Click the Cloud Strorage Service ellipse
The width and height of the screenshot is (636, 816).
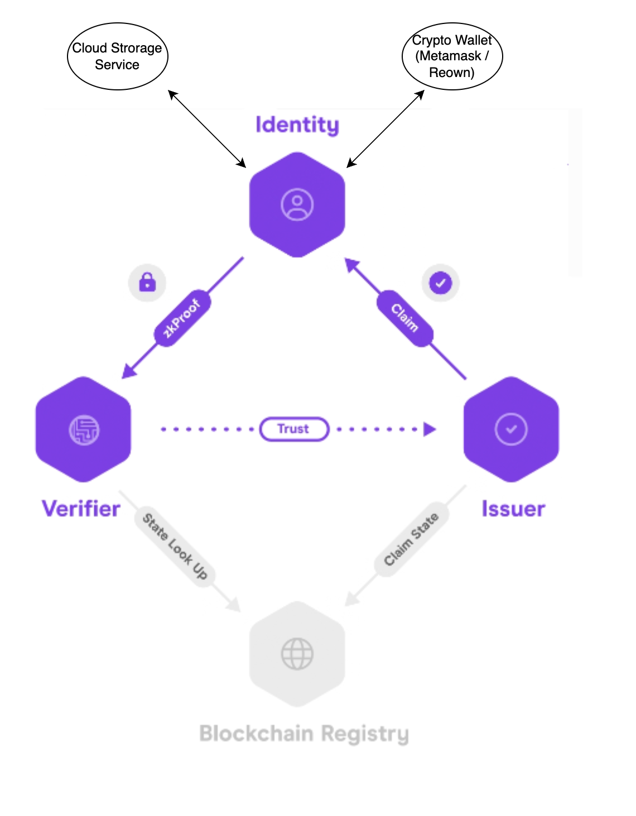click(117, 56)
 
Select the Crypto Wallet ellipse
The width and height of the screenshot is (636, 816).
click(452, 56)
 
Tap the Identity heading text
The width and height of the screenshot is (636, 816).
click(297, 125)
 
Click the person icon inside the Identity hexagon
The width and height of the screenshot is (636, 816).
click(297, 205)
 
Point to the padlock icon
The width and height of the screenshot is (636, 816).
click(147, 282)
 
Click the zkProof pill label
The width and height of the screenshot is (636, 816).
click(182, 318)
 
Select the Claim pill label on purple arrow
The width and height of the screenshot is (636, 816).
click(405, 318)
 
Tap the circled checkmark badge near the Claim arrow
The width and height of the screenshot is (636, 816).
click(441, 283)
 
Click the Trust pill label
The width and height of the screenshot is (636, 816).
click(294, 429)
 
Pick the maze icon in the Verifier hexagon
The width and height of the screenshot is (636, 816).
click(84, 430)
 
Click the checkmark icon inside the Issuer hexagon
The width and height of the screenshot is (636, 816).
click(510, 429)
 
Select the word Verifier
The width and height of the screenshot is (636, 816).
click(81, 509)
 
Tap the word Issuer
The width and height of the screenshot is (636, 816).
click(513, 509)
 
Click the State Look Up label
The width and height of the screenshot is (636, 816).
click(175, 546)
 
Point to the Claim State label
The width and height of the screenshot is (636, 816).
click(412, 539)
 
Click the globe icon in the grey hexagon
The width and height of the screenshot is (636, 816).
click(297, 654)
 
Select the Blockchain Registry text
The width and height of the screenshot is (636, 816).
click(304, 734)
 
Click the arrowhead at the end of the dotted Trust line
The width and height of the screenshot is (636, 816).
click(429, 429)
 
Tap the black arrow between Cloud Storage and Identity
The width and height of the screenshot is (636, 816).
click(207, 129)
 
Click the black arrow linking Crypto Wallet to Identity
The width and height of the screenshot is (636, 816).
click(386, 129)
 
